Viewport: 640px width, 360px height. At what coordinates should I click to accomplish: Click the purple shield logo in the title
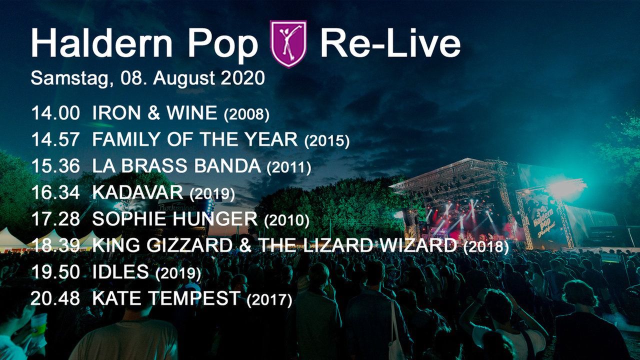pyautogui.click(x=288, y=43)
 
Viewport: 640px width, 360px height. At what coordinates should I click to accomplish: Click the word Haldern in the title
pyautogui.click(x=101, y=43)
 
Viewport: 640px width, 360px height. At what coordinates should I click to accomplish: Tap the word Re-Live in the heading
pyautogui.click(x=390, y=43)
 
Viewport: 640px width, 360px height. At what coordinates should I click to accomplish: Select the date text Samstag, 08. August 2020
pyautogui.click(x=147, y=78)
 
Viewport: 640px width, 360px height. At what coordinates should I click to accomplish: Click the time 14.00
pyautogui.click(x=55, y=113)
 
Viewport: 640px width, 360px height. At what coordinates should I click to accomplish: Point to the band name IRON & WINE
pyautogui.click(x=154, y=113)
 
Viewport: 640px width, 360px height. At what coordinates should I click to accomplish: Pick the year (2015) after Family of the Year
pyautogui.click(x=327, y=141)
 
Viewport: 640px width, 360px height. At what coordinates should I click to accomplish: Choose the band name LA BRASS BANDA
pyautogui.click(x=176, y=166)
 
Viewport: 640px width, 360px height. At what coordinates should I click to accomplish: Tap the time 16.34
pyautogui.click(x=55, y=192)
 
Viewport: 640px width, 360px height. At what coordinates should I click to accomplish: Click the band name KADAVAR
pyautogui.click(x=137, y=192)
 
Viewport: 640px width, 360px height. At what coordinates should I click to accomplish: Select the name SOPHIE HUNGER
pyautogui.click(x=175, y=219)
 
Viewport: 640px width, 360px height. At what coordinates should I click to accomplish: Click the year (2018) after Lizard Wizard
pyautogui.click(x=486, y=247)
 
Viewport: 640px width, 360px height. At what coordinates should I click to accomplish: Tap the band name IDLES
pyautogui.click(x=120, y=271)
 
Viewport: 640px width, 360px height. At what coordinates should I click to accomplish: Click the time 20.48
pyautogui.click(x=55, y=298)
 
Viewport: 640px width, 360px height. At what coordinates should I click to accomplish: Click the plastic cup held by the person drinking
pyautogui.click(x=39, y=325)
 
